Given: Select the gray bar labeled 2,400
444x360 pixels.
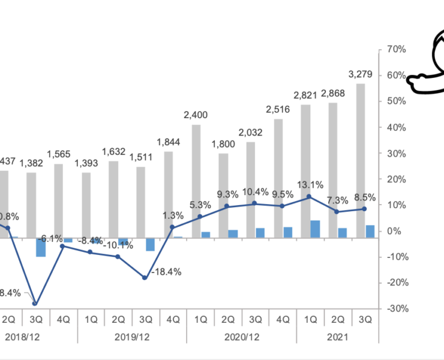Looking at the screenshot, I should coord(196,181).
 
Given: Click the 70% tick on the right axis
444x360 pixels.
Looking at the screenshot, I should coord(397,49).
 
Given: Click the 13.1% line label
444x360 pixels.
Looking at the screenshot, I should coord(308,185).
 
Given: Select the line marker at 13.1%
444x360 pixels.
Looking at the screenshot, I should coord(309,196).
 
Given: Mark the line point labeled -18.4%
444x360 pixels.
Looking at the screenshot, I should coord(145,278).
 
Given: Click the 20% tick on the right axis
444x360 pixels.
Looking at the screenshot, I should coord(396,179).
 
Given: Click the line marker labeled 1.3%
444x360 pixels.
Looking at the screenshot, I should coord(172,227).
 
